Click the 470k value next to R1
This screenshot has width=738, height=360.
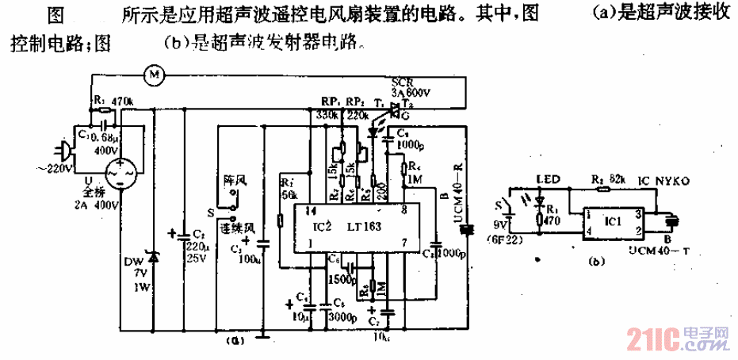click(121, 101)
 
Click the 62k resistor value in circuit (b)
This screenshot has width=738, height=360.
click(609, 180)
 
